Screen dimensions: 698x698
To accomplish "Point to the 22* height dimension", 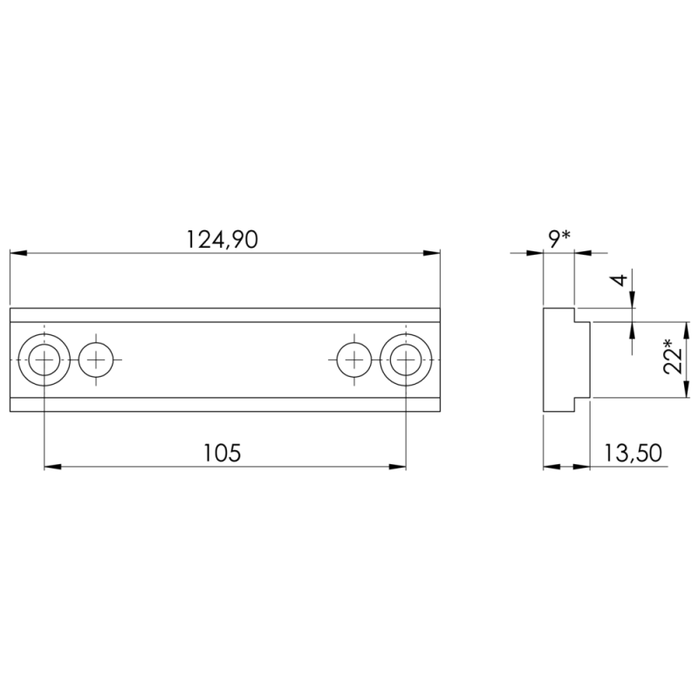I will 673,357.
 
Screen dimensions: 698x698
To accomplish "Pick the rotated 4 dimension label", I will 619,280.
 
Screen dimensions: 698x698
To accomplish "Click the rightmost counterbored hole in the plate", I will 406,359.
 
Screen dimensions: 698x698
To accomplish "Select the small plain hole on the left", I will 96,359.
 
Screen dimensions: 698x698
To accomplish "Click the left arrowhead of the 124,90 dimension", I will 17,253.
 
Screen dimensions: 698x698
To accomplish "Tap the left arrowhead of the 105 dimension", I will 51,468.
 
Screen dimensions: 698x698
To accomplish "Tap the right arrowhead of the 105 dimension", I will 398,468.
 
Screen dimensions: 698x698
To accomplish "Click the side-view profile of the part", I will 563,359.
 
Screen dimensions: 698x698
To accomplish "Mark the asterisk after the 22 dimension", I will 669,343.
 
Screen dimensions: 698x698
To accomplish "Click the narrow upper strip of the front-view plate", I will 224,315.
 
